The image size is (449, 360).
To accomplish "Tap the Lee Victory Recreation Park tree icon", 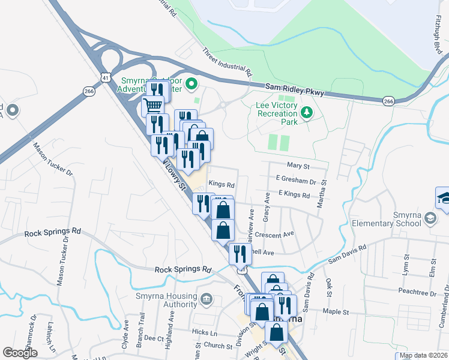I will tap(307, 112).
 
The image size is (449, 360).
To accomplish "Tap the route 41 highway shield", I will tap(106, 78).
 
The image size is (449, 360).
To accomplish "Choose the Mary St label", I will tap(298, 166).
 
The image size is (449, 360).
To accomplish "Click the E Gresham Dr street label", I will tap(296, 181).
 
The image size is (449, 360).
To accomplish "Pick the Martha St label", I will tap(323, 191).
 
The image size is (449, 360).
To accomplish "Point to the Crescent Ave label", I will tap(274, 234).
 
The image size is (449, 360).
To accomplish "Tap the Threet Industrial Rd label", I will tap(227, 62).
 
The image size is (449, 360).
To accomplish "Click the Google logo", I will tap(20, 352).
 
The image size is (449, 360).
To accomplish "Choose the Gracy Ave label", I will tap(267, 205).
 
